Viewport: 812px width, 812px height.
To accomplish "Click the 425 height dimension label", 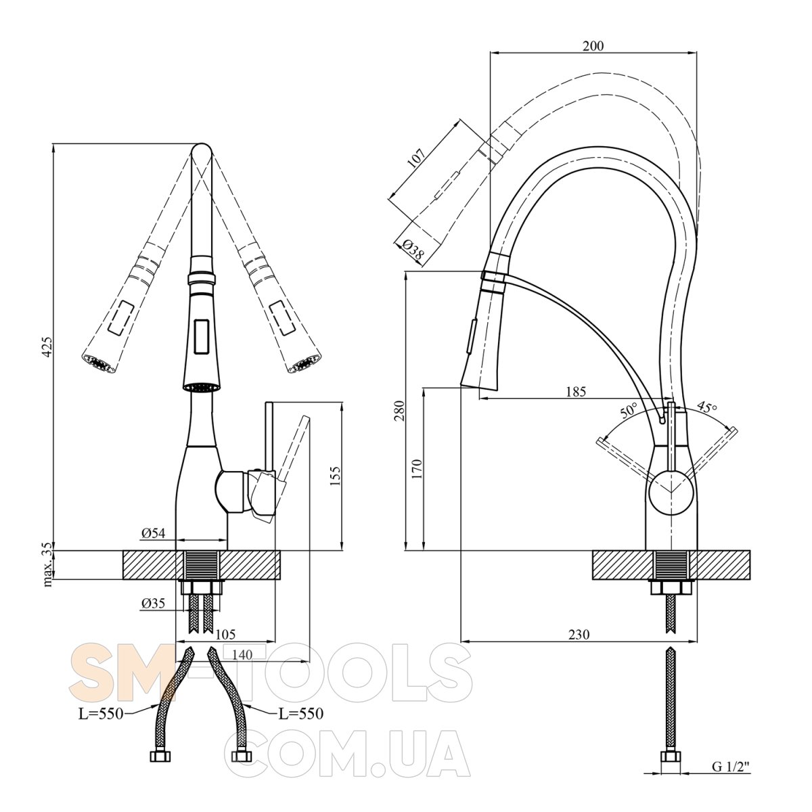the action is coord(47,347).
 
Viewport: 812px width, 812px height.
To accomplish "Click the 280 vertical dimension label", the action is coord(399,411).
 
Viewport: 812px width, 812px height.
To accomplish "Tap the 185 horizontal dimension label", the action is coord(576,392).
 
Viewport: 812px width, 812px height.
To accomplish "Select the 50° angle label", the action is coord(629,409).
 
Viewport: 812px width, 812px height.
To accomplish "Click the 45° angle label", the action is coord(706,407).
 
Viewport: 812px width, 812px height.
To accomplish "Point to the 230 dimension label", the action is coord(579,634).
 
